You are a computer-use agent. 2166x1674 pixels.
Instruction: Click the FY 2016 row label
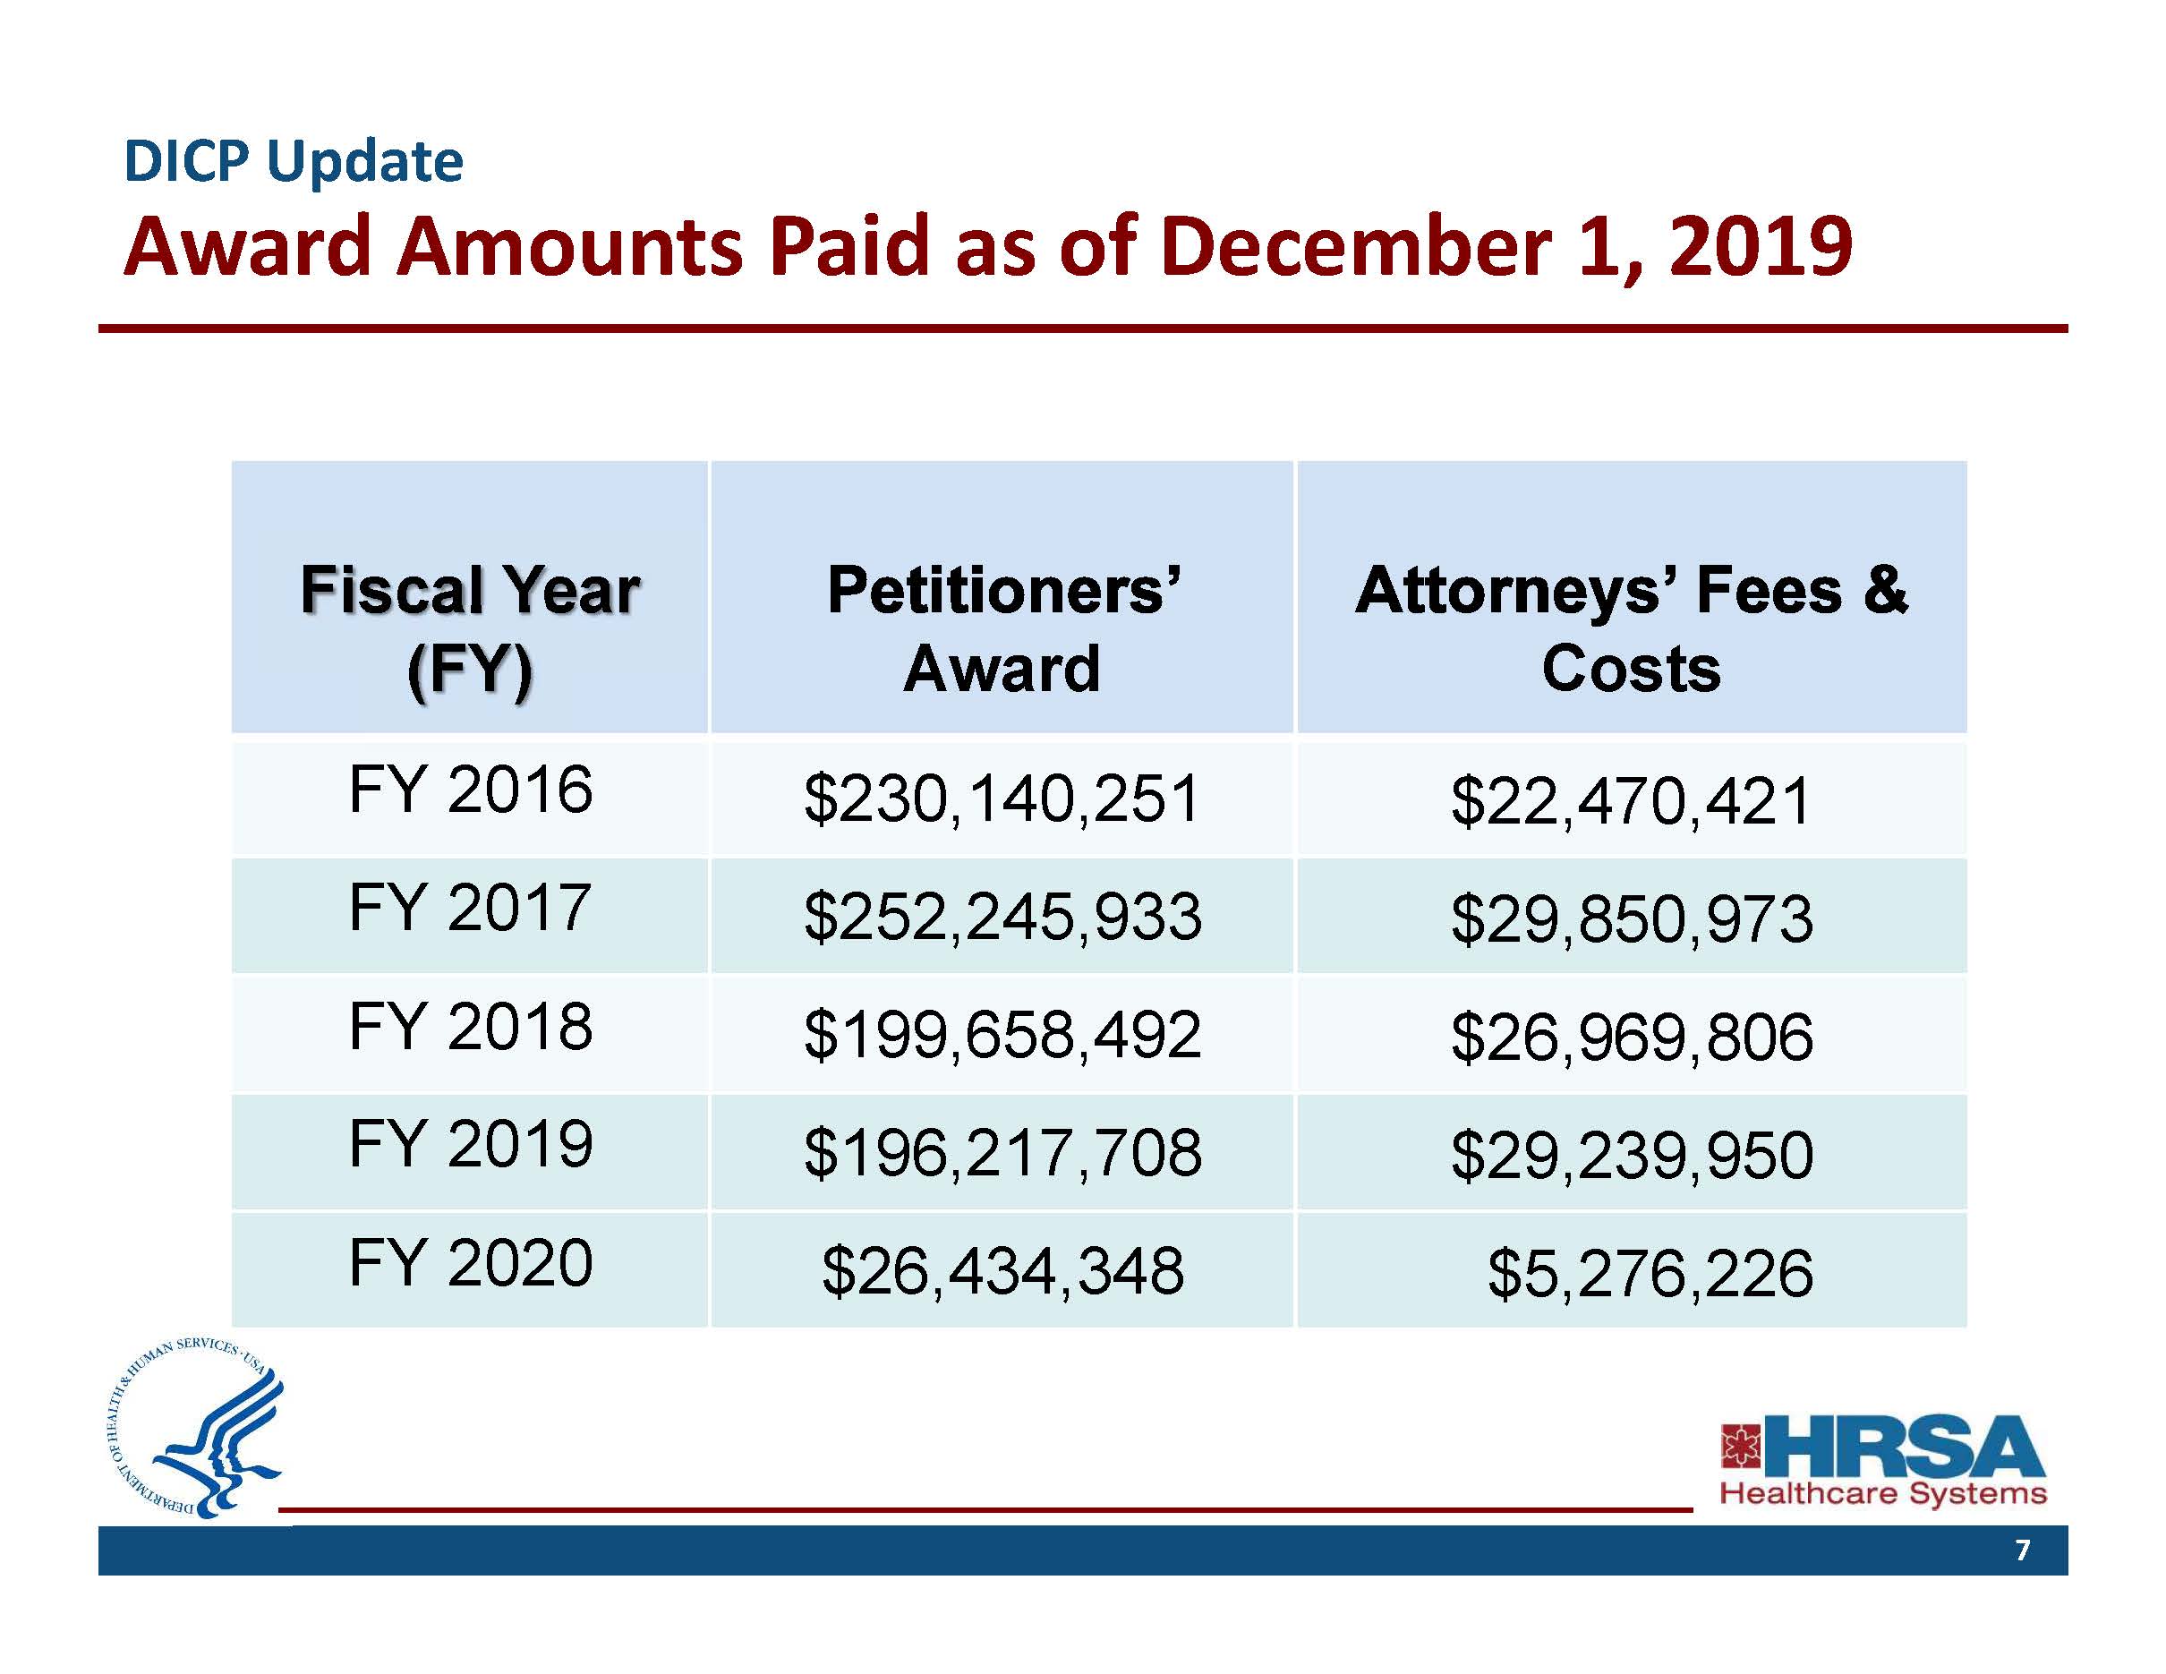[470, 790]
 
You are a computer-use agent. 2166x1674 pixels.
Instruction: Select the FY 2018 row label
[470, 1027]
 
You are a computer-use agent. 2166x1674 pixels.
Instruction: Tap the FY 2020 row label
[470, 1262]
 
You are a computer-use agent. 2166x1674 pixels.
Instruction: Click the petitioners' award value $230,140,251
[1002, 799]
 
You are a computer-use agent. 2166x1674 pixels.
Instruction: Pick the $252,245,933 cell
[1002, 917]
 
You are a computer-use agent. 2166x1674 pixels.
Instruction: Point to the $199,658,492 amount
[1002, 1034]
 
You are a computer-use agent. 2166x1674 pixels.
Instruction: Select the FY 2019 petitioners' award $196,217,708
[1002, 1152]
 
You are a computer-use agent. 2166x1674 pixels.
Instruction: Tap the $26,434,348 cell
[1002, 1270]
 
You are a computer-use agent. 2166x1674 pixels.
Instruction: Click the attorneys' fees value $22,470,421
[1632, 801]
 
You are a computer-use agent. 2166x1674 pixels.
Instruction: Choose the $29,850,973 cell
[1632, 918]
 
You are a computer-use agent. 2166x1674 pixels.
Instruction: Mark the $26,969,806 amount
[1632, 1038]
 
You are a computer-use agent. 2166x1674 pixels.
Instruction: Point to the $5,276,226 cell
[1650, 1273]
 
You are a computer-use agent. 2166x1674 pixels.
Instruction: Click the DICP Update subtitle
[294, 162]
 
